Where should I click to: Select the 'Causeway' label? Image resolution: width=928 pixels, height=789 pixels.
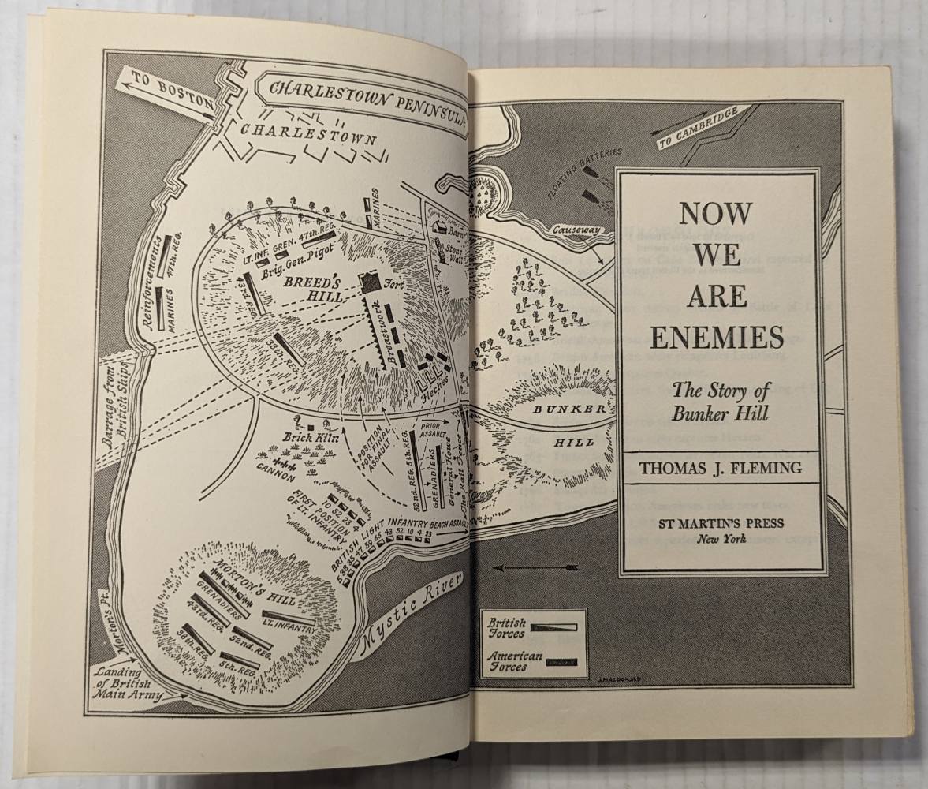coord(576,230)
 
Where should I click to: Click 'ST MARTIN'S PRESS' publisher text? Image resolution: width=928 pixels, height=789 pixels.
coord(721,524)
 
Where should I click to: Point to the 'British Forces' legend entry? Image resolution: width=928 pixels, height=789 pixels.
coord(507,628)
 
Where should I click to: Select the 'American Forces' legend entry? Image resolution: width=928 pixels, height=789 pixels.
coord(514,661)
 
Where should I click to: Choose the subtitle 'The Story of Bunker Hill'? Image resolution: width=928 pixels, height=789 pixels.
coord(717,401)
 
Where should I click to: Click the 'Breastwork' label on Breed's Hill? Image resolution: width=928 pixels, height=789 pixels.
coord(387,335)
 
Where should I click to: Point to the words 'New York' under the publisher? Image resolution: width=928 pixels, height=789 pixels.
coord(720,540)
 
